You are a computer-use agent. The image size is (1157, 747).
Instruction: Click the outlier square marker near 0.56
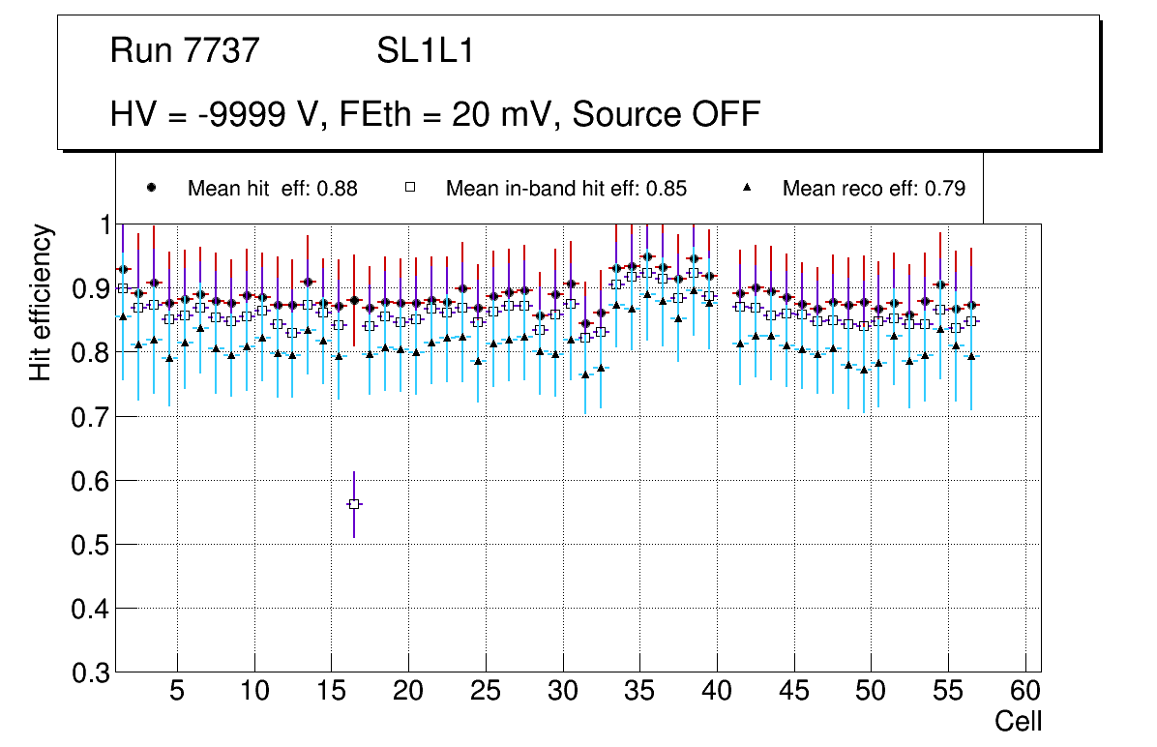[x=354, y=504]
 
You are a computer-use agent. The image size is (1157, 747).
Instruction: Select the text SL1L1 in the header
[x=426, y=50]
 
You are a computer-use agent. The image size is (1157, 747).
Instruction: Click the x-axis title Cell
[x=1019, y=722]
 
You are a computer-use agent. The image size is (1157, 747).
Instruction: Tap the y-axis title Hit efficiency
[x=41, y=302]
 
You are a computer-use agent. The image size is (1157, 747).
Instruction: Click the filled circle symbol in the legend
[x=151, y=188]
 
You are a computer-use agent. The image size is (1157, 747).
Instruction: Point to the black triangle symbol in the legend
[x=748, y=188]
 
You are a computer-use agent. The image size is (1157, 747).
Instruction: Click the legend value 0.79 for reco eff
[x=946, y=189]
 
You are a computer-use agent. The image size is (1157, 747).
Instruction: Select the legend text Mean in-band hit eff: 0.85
[x=566, y=189]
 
